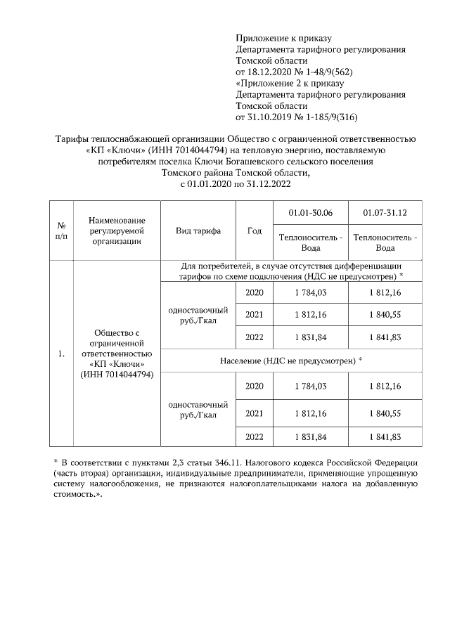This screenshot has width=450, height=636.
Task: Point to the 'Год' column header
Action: [255, 231]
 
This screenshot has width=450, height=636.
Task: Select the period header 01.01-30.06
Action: [311, 212]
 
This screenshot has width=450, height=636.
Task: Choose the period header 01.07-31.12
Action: [385, 212]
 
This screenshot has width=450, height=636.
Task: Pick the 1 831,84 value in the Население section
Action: [311, 436]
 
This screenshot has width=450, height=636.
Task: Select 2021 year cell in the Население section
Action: [255, 412]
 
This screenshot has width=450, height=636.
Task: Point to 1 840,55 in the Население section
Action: [385, 412]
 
